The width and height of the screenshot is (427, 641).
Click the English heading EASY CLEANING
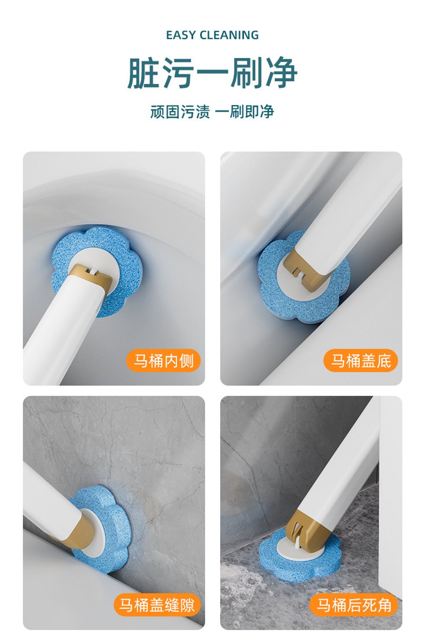point(212,35)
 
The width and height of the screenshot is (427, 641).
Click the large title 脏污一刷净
point(212,73)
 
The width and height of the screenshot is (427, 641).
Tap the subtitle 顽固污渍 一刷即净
point(212,112)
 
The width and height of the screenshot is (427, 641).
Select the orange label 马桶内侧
point(163,360)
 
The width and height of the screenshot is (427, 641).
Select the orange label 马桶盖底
point(361,360)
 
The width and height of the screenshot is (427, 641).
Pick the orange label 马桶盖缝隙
point(157,605)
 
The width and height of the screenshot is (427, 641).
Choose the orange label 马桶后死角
point(354,605)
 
